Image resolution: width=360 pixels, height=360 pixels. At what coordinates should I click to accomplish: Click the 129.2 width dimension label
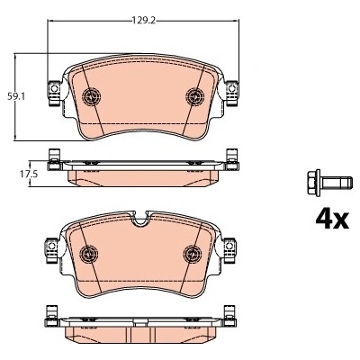pyautogui.click(x=143, y=21)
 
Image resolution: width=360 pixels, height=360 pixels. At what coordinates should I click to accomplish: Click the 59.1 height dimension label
pyautogui.click(x=17, y=97)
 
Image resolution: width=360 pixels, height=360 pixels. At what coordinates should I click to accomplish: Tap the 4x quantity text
pyautogui.click(x=332, y=220)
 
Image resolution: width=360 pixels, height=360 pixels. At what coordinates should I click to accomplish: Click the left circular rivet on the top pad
pyautogui.click(x=92, y=96)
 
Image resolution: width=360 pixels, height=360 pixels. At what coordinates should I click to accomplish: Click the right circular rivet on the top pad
pyautogui.click(x=195, y=96)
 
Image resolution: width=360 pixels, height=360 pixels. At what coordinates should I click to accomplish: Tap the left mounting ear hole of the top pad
pyautogui.click(x=54, y=89)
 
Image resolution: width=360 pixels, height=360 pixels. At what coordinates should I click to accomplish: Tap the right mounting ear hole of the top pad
pyautogui.click(x=231, y=89)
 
